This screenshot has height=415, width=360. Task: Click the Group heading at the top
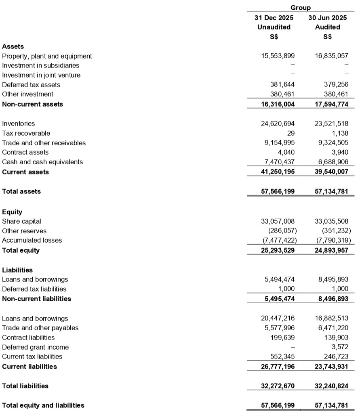(x=301, y=8)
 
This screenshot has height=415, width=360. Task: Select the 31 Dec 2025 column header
(x=274, y=18)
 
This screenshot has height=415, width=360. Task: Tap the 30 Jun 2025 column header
(x=327, y=18)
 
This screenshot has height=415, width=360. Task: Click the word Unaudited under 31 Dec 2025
(x=274, y=27)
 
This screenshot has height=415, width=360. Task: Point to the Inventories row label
(x=19, y=124)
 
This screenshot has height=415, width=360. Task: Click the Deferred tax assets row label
(x=31, y=85)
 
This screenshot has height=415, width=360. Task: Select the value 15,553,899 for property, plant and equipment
(x=278, y=56)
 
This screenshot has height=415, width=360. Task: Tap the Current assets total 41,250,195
(x=277, y=172)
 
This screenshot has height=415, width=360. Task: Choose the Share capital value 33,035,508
(x=331, y=221)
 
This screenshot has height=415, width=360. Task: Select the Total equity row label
(x=21, y=250)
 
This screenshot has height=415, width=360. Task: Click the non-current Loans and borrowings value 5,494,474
(x=280, y=279)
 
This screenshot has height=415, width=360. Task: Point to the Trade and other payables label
(x=40, y=328)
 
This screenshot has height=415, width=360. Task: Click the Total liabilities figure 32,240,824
(x=331, y=386)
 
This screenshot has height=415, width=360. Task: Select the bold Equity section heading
(x=12, y=212)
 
